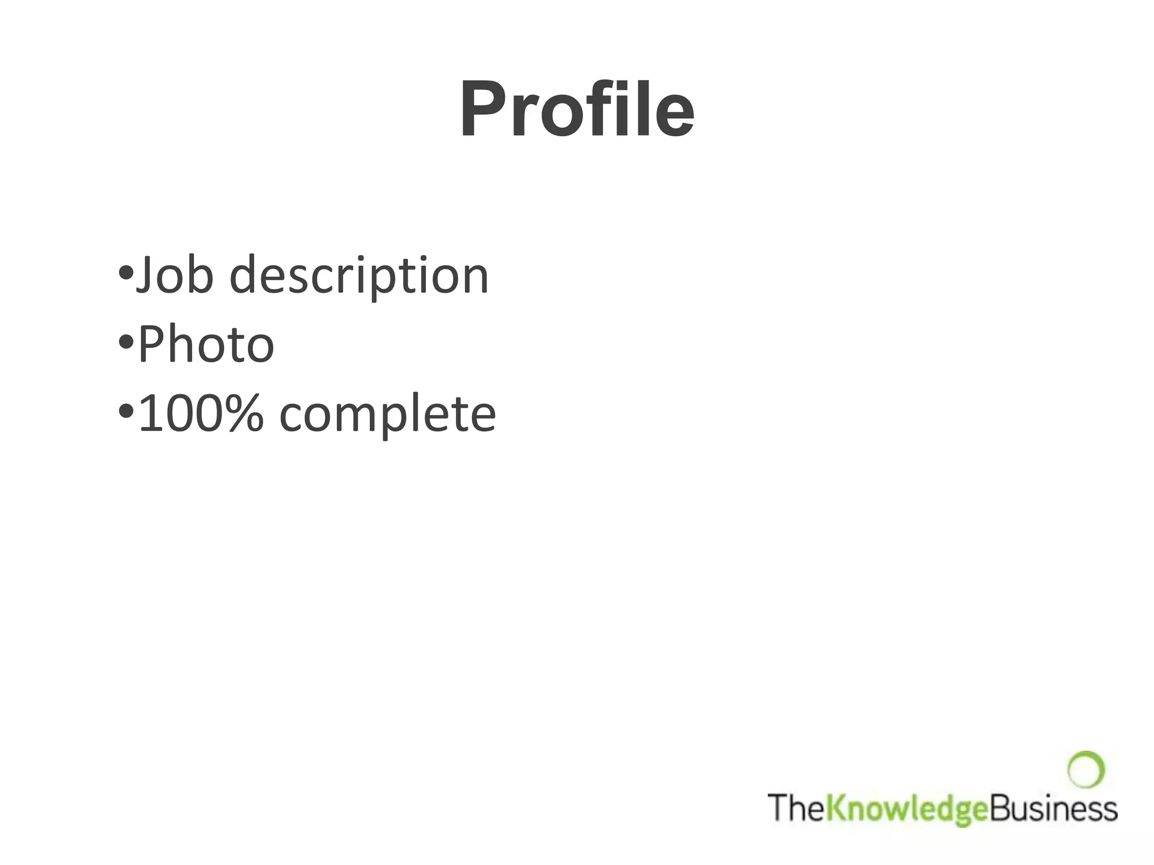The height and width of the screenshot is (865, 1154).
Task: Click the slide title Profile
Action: [577, 109]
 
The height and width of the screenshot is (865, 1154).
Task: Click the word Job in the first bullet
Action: [175, 275]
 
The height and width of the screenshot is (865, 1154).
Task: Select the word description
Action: [359, 277]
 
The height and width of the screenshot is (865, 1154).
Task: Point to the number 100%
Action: [201, 413]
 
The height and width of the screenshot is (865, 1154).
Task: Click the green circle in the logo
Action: [1085, 769]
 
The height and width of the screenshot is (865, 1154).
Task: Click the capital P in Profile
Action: [485, 109]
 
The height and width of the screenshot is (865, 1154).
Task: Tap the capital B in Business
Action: [1000, 807]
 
